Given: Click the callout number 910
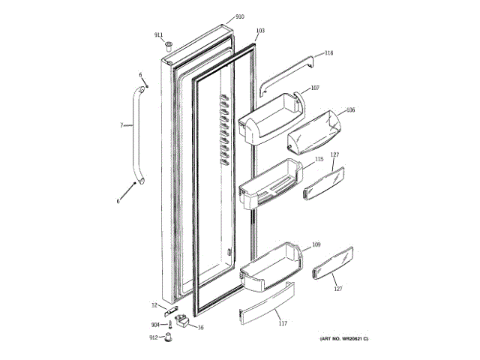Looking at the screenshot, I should tap(240, 16).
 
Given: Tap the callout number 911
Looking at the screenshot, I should tap(158, 34).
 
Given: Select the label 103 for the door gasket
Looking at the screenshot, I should tap(260, 31).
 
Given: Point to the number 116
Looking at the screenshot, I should tap(328, 53).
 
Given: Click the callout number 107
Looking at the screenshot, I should tap(315, 88).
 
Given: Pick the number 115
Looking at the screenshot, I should tap(319, 159).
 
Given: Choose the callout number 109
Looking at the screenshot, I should tap(316, 244).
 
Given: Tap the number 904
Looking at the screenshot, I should tap(155, 324).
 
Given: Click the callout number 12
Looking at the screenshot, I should tap(154, 305).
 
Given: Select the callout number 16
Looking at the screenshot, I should tap(201, 327).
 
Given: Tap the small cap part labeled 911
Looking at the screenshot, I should tap(170, 44).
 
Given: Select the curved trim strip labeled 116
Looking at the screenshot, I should tap(289, 76).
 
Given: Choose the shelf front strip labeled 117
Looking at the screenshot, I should tap(265, 307).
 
